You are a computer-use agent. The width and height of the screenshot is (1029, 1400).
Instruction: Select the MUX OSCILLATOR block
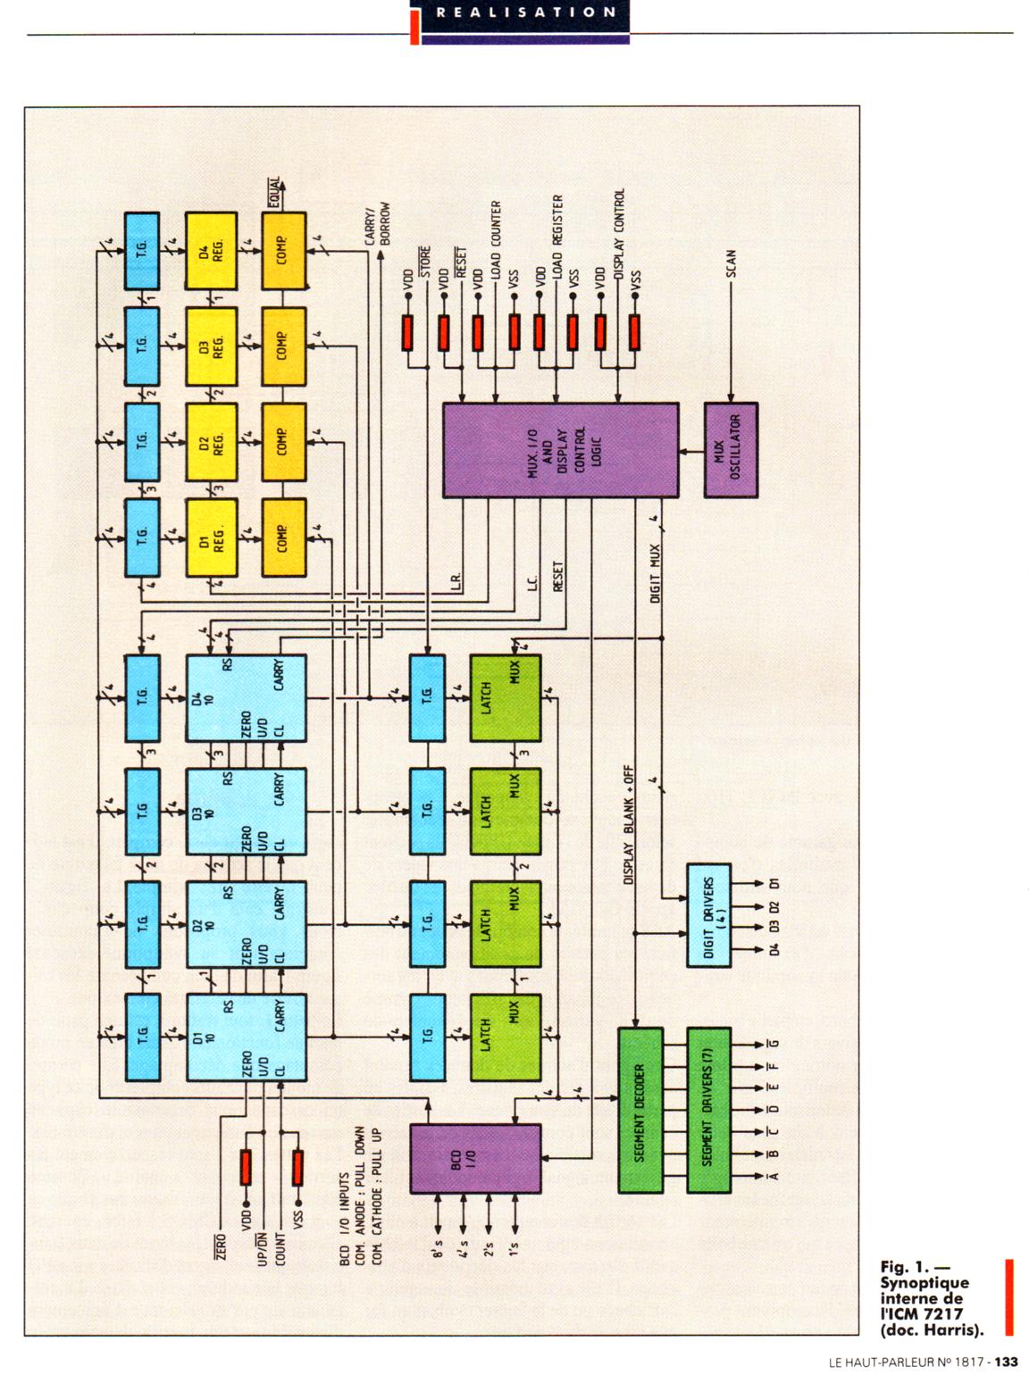coord(731,449)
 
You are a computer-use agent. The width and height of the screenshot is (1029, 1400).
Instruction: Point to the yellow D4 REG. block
coord(211,250)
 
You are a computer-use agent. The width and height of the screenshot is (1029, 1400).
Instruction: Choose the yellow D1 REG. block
coord(211,537)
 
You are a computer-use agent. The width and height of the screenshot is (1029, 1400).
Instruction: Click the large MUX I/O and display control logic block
coord(560,449)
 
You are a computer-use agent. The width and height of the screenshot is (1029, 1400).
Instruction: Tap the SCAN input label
coord(731,264)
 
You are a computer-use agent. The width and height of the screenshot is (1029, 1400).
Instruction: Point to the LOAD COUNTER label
coord(497,237)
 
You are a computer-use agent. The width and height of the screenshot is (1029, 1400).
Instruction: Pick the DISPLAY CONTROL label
coord(620,229)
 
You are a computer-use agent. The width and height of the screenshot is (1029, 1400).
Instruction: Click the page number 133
coord(1007,1362)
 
